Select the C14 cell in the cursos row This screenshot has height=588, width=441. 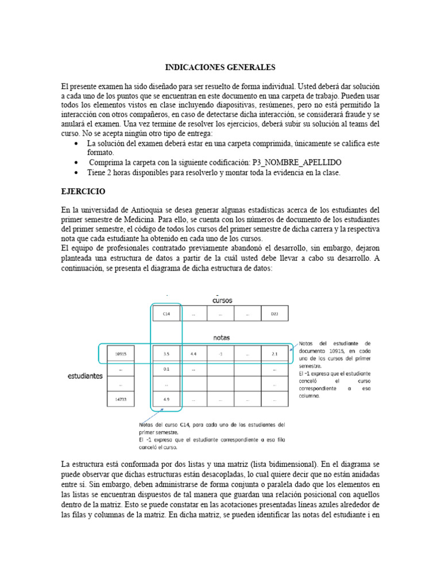tap(166, 314)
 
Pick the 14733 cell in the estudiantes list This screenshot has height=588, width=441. tap(121, 399)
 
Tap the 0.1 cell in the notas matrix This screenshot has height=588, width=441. tap(166, 369)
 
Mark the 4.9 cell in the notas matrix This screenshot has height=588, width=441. tap(166, 399)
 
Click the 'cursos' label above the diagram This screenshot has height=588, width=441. tap(222, 300)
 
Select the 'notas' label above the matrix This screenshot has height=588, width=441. tap(222, 338)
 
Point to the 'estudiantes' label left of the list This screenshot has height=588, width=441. tap(85, 376)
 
